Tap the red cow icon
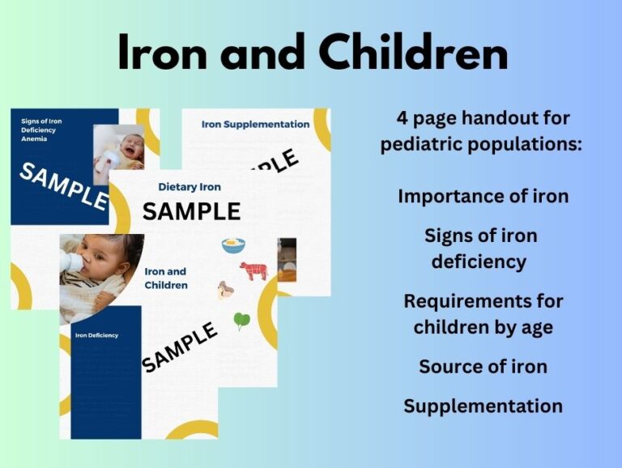pyautogui.click(x=252, y=270)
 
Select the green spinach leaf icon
pyautogui.click(x=241, y=321)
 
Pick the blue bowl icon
pyautogui.click(x=233, y=244)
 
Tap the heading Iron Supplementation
pyautogui.click(x=255, y=124)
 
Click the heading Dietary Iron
pyautogui.click(x=190, y=187)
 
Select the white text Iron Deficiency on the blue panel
pyautogui.click(x=96, y=334)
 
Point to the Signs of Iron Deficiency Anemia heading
pyautogui.click(x=41, y=130)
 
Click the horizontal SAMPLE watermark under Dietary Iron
pyautogui.click(x=191, y=211)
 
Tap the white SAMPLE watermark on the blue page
pyautogui.click(x=63, y=185)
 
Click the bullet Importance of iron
pyautogui.click(x=483, y=197)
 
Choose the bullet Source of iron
pyautogui.click(x=483, y=366)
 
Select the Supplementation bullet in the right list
pyautogui.click(x=483, y=406)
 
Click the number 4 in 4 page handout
pyautogui.click(x=403, y=118)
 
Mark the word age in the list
pyautogui.click(x=535, y=327)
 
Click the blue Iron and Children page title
pyautogui.click(x=165, y=278)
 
